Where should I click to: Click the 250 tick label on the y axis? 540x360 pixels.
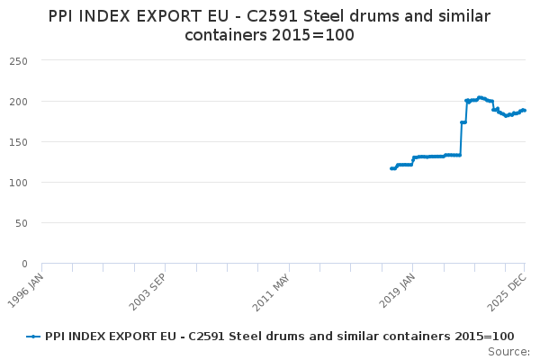tap(19, 60)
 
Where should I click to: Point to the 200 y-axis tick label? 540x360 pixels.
tap(19, 101)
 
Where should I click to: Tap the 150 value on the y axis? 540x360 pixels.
tap(19, 141)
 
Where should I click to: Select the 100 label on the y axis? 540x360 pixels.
tap(19, 183)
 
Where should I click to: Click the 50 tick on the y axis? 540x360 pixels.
tap(22, 223)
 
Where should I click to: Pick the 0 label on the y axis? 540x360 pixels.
tap(25, 264)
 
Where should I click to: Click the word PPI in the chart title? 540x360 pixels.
tap(64, 15)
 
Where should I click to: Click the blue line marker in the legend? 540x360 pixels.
tap(33, 336)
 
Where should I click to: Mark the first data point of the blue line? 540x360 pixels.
tap(391, 168)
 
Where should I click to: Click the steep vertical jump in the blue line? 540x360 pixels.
tap(461, 139)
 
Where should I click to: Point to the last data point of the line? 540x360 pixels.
tap(525, 111)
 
